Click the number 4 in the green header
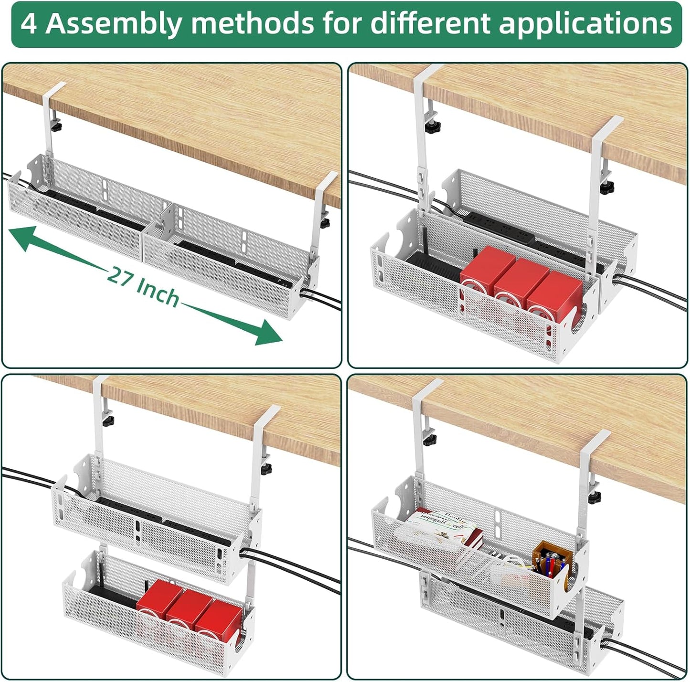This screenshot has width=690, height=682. pyautogui.click(x=29, y=23)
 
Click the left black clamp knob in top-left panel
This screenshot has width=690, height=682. pyautogui.click(x=58, y=128)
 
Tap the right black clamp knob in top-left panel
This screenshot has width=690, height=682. pyautogui.click(x=326, y=223)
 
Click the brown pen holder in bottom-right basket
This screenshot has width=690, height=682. pyautogui.click(x=552, y=559)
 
